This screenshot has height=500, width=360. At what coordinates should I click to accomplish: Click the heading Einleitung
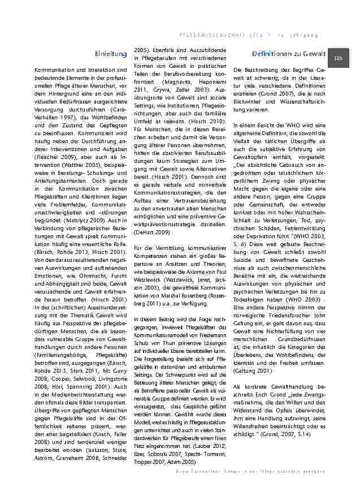pyautogui.click(x=111, y=54)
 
